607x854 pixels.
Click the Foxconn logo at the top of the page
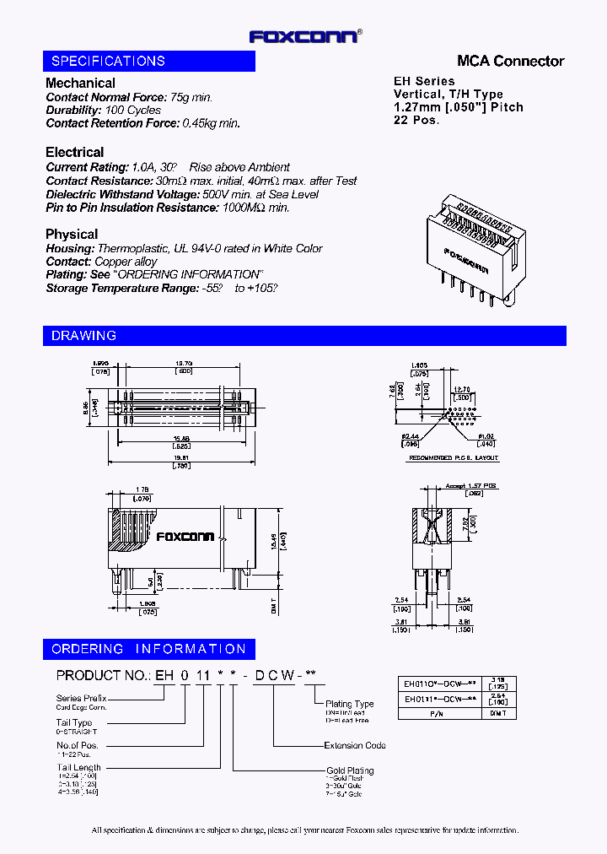pos(305,36)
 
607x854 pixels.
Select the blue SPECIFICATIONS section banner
pos(149,61)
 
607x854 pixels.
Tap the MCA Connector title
pos(510,61)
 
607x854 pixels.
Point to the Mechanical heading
pos(80,83)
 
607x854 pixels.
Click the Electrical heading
pos(75,152)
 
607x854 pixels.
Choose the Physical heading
pos(72,234)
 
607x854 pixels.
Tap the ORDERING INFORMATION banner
pos(148,649)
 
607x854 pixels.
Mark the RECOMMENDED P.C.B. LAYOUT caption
pos(454,457)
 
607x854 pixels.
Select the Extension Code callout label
pos(355,745)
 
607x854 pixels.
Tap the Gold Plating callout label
pos(350,770)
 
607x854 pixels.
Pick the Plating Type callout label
pos(349,704)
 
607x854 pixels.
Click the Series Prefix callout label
pos(81,698)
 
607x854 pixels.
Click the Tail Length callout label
pos(79,768)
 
